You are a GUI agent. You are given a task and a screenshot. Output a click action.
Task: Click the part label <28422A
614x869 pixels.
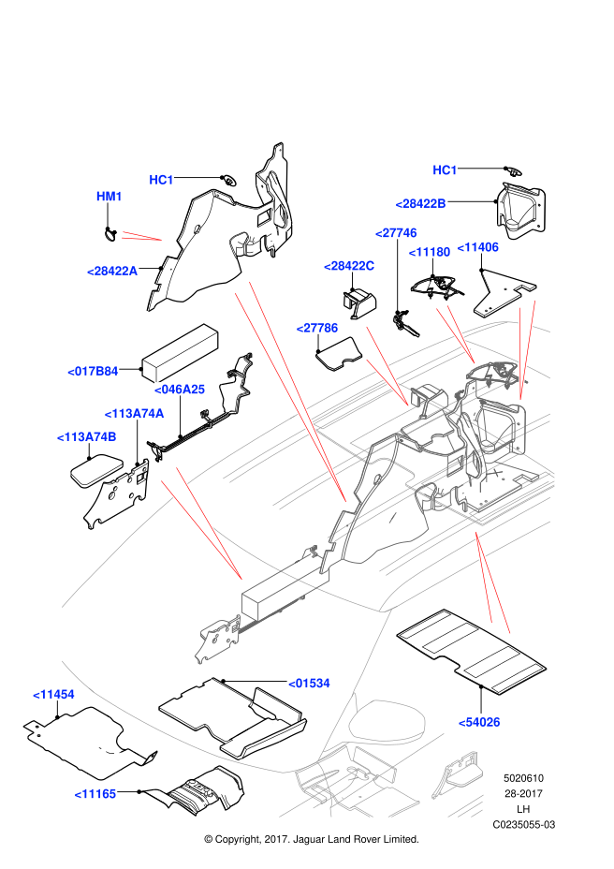coord(112,271)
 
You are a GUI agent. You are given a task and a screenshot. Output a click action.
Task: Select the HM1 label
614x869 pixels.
coord(110,197)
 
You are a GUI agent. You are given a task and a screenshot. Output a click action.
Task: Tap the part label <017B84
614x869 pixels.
coord(93,372)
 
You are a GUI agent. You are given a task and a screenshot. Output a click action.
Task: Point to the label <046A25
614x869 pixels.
coord(179,390)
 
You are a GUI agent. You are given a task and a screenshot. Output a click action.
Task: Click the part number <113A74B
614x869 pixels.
coord(86,437)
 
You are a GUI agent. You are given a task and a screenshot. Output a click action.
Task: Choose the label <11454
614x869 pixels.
coord(53,695)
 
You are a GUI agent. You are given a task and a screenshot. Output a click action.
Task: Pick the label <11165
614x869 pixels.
coord(95,794)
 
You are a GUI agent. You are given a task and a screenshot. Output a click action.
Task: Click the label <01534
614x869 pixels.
coord(309,684)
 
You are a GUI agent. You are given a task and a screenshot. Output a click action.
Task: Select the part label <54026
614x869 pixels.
coord(479,722)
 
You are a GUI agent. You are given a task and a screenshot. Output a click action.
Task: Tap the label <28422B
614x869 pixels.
coord(420,204)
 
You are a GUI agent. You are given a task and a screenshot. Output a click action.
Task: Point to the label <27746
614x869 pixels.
coord(396,233)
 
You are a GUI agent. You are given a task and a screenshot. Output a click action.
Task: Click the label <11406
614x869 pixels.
coord(477,247)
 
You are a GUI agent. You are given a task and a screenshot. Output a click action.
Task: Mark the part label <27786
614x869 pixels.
coord(317,328)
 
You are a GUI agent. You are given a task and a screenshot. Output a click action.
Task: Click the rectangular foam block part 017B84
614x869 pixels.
coord(180,353)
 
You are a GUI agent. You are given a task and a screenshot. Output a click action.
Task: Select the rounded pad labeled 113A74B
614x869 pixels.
coord(97,469)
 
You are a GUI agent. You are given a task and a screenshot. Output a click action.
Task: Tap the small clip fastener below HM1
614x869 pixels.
coord(110,234)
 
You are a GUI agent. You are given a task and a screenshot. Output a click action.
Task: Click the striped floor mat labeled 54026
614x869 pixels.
coord(472,652)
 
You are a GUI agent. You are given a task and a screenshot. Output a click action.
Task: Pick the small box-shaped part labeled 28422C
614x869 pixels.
coord(358,303)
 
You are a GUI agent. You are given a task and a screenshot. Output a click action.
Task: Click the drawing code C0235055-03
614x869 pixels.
coord(523,825)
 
